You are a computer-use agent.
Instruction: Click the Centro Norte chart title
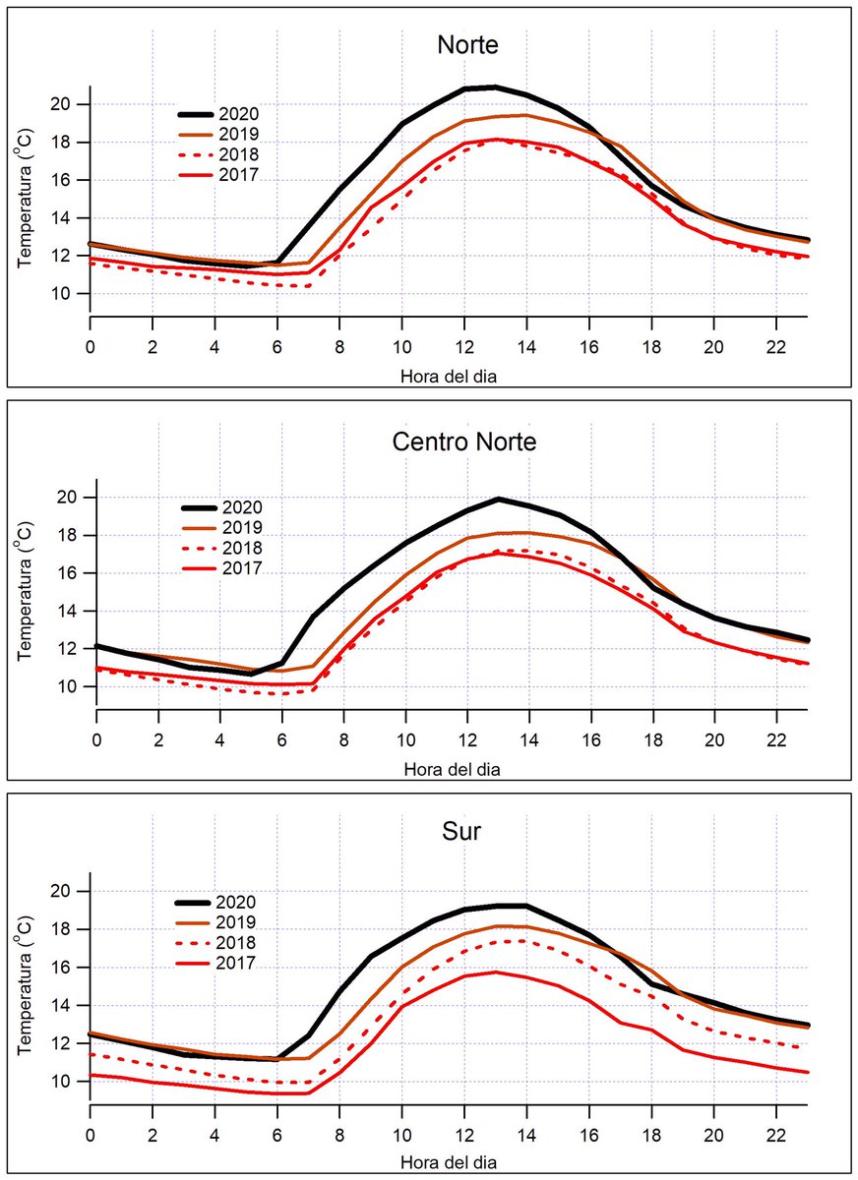(464, 442)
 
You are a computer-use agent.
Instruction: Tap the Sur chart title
(461, 833)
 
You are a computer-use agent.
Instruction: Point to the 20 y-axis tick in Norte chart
(62, 104)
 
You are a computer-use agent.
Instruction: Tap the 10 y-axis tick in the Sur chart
(62, 1082)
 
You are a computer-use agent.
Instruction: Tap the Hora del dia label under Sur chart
(449, 1160)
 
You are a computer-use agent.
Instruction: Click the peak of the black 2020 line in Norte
(495, 88)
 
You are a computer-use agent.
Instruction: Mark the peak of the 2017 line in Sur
(495, 973)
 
